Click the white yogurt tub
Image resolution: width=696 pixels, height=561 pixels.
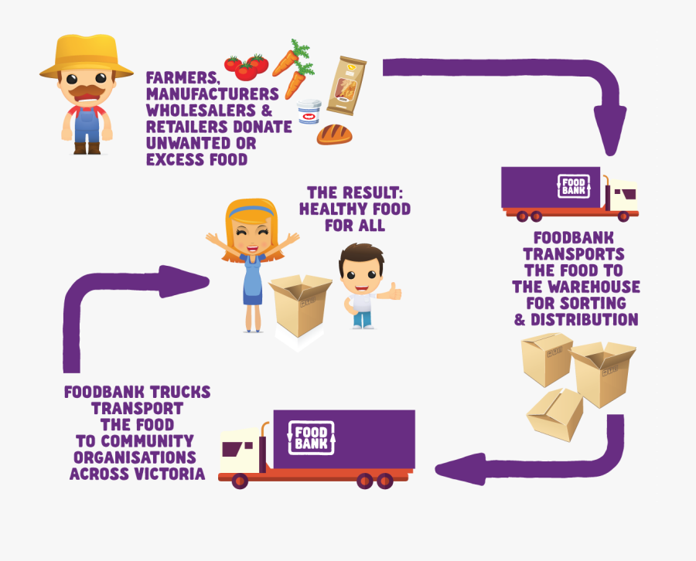(x=309, y=112)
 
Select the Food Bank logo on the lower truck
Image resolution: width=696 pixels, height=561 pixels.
(x=311, y=437)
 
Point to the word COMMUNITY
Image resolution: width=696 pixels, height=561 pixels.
(x=152, y=441)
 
